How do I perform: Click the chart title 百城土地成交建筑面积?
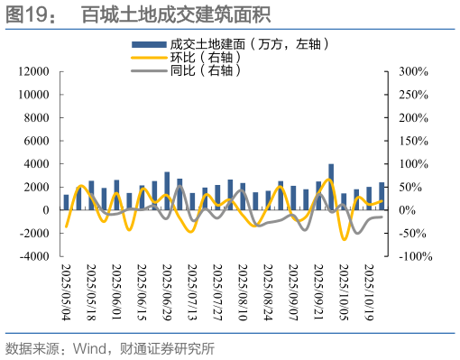tap(176, 14)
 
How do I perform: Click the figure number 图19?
tap(29, 14)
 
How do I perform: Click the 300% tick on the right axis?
tap(409, 71)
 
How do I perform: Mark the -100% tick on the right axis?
tap(412, 256)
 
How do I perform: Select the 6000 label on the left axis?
tap(34, 141)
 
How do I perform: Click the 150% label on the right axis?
tap(409, 141)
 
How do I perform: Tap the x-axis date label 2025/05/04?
tap(66, 291)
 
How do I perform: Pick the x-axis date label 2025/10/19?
tap(369, 291)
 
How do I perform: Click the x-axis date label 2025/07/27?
tap(217, 291)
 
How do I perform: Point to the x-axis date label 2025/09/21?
tap(318, 291)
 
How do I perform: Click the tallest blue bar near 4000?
tap(331, 187)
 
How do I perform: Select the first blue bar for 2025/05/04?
tap(66, 202)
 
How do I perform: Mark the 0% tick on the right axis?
tap(405, 210)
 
